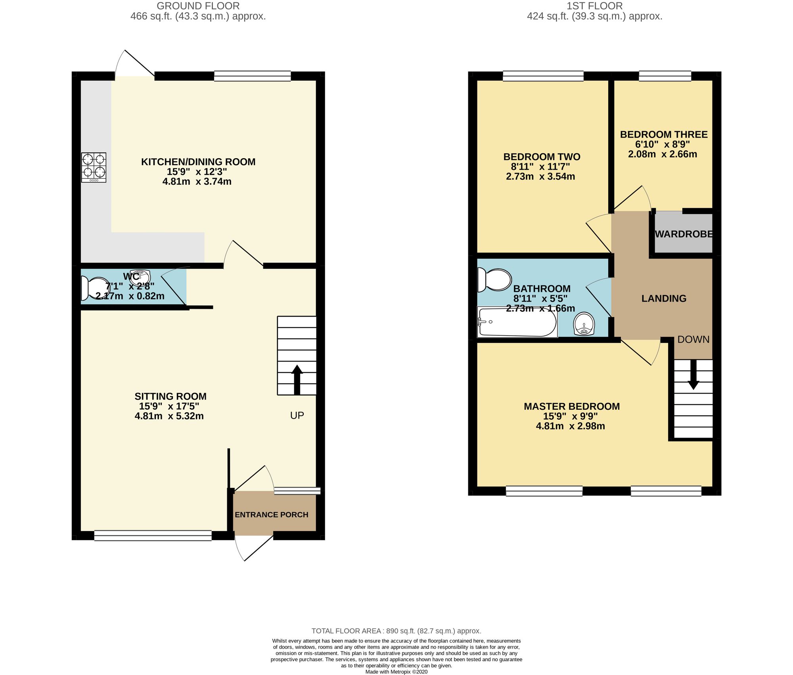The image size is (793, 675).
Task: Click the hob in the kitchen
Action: coord(94,167)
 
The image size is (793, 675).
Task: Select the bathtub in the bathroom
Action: coord(517,322)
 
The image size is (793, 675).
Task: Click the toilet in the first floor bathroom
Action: coord(494,279)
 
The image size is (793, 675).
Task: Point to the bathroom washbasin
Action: coord(584,323)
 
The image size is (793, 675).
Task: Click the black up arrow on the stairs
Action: coord(297,379)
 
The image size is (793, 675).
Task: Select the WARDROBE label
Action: coord(684,234)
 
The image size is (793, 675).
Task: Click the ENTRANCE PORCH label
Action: coord(272,514)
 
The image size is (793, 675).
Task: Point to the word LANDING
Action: coord(664,298)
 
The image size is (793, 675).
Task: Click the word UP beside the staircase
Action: coord(297,415)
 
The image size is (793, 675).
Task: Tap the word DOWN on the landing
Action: coord(693,339)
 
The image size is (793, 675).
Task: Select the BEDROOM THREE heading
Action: coord(664,134)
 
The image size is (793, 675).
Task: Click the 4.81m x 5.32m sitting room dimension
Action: coord(169,416)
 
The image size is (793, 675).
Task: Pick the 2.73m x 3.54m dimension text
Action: coord(540,176)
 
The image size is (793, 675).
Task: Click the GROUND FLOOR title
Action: coord(198,6)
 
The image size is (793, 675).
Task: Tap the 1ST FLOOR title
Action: coord(595,6)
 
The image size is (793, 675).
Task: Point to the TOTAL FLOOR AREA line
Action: coord(396,631)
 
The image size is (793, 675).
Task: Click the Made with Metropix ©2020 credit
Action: coord(396,672)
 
